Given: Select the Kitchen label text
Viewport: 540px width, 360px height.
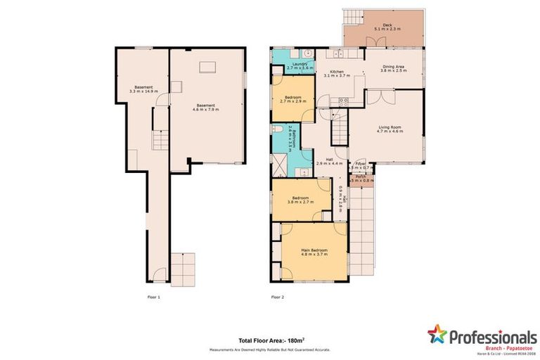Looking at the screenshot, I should (336, 72).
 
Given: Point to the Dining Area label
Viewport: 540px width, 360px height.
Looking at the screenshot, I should (392, 66).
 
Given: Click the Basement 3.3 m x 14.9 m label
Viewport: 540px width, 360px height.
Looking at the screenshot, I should (141, 89).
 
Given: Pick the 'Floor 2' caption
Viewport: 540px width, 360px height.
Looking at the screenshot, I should (277, 297).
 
